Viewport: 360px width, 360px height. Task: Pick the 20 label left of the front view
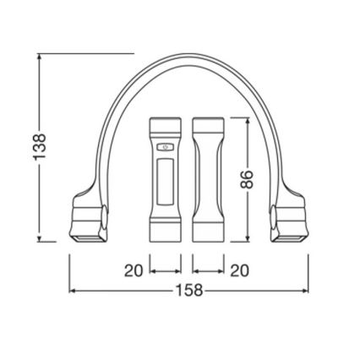134,270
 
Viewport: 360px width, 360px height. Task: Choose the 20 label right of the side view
240,270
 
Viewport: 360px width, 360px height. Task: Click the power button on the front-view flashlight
166,147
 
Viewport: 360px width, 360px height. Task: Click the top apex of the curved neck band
188,56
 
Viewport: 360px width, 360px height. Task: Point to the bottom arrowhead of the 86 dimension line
246,238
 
